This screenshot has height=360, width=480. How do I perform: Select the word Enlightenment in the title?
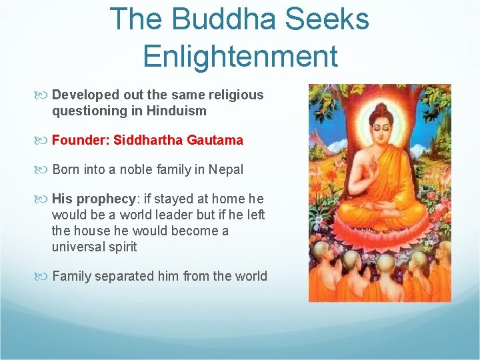[240, 56]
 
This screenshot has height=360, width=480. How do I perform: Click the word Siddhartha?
[147, 141]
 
